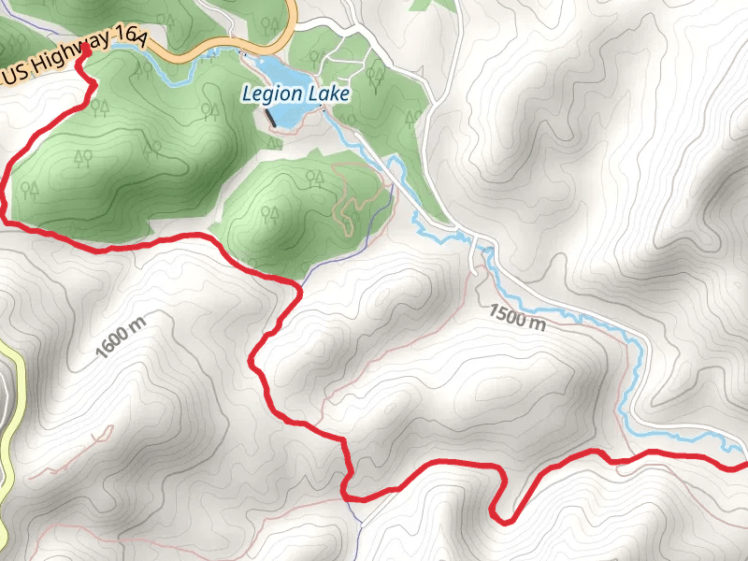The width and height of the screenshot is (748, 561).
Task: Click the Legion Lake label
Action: [x=295, y=94]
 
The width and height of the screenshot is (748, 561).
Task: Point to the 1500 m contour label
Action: [x=517, y=318]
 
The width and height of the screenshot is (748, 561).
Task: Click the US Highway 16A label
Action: [x=75, y=55]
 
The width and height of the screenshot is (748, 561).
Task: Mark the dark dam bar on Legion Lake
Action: [x=270, y=119]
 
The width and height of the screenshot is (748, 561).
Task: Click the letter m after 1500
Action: [x=537, y=325]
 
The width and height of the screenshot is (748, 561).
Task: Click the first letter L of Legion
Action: [x=247, y=94]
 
